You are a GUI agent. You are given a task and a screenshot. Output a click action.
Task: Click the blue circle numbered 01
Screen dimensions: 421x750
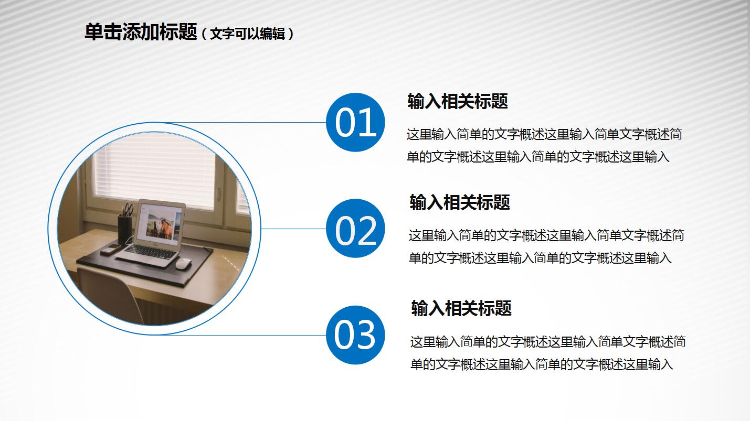355,123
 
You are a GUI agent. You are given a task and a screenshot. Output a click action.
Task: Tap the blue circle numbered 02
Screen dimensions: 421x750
355,229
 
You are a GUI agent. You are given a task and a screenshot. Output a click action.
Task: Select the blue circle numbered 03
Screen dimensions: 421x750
355,335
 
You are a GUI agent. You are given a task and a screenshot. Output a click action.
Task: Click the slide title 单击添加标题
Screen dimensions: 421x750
140,32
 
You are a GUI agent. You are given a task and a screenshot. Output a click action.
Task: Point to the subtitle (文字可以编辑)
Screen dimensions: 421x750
247,34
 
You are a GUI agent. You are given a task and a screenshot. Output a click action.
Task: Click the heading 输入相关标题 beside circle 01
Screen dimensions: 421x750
457,101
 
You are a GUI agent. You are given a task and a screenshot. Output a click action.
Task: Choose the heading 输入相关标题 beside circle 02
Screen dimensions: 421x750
459,202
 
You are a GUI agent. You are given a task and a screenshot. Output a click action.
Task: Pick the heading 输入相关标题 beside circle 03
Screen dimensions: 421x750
461,308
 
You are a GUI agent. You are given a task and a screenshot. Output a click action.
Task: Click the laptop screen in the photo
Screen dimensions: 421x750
160,223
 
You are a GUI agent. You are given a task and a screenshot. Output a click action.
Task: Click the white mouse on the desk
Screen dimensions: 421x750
182,263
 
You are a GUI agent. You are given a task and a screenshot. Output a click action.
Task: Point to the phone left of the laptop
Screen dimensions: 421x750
110,249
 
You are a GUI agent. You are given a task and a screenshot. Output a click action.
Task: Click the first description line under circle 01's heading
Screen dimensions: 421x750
544,134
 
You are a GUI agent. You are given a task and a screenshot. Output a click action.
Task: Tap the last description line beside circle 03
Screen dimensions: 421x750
541,364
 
